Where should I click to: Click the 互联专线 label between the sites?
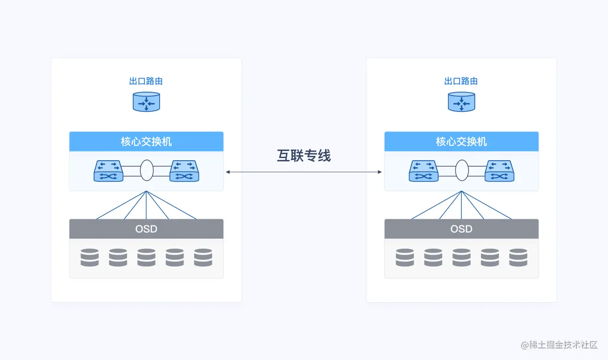pyautogui.click(x=304, y=156)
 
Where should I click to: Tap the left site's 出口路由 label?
pyautogui.click(x=146, y=81)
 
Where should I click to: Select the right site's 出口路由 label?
pyautogui.click(x=461, y=81)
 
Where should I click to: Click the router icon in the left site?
pyautogui.click(x=146, y=102)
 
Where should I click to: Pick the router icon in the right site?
pyautogui.click(x=461, y=102)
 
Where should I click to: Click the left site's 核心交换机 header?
pyautogui.click(x=146, y=142)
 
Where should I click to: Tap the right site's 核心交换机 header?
pyautogui.click(x=461, y=142)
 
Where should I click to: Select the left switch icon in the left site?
pyautogui.click(x=109, y=171)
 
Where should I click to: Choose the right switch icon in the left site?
pyautogui.click(x=184, y=171)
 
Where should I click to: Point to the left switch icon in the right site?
pyautogui.click(x=424, y=171)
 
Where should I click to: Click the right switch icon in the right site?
pyautogui.click(x=500, y=171)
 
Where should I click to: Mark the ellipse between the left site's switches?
pyautogui.click(x=147, y=171)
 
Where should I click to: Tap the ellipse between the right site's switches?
pyautogui.click(x=462, y=171)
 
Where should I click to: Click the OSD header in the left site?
pyautogui.click(x=146, y=229)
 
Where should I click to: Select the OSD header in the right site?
pyautogui.click(x=461, y=229)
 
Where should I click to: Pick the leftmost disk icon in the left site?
pyautogui.click(x=90, y=257)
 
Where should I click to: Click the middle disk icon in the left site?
pyautogui.click(x=146, y=257)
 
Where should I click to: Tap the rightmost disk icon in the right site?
pyautogui.click(x=518, y=257)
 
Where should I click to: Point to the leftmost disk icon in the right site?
pyautogui.click(x=405, y=257)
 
